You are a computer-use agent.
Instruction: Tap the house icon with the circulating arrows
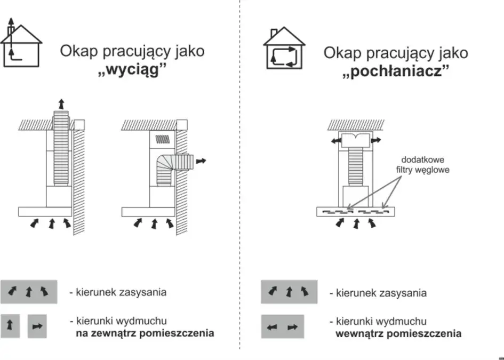pyautogui.click(x=284, y=49)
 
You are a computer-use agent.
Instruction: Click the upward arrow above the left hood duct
pyautogui.click(x=61, y=103)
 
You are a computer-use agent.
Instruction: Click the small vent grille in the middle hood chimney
pyautogui.click(x=162, y=139)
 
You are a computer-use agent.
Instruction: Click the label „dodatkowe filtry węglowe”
pyautogui.click(x=422, y=165)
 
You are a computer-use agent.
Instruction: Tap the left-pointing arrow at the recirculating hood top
pyautogui.click(x=335, y=140)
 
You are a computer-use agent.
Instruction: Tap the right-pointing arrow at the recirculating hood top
pyautogui.click(x=376, y=140)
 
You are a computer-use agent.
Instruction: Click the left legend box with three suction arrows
pyautogui.click(x=29, y=292)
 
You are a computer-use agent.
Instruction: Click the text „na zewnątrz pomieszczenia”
pyautogui.click(x=145, y=333)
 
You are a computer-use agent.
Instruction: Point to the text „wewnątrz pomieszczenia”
pyautogui.click(x=398, y=334)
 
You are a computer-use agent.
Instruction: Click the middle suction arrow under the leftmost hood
pyautogui.click(x=51, y=223)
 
